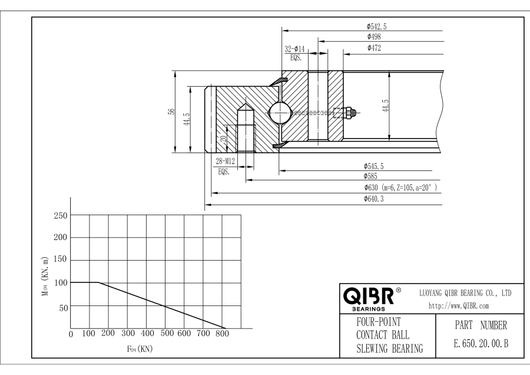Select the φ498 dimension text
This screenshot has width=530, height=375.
click(x=373, y=37)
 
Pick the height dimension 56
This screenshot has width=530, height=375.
click(x=171, y=111)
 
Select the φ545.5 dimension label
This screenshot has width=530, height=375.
click(x=373, y=167)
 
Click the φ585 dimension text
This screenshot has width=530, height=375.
click(x=371, y=176)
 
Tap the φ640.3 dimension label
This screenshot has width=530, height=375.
click(x=374, y=200)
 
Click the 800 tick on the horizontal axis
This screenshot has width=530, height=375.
click(x=223, y=334)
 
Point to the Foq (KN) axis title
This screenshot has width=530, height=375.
click(x=140, y=348)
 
